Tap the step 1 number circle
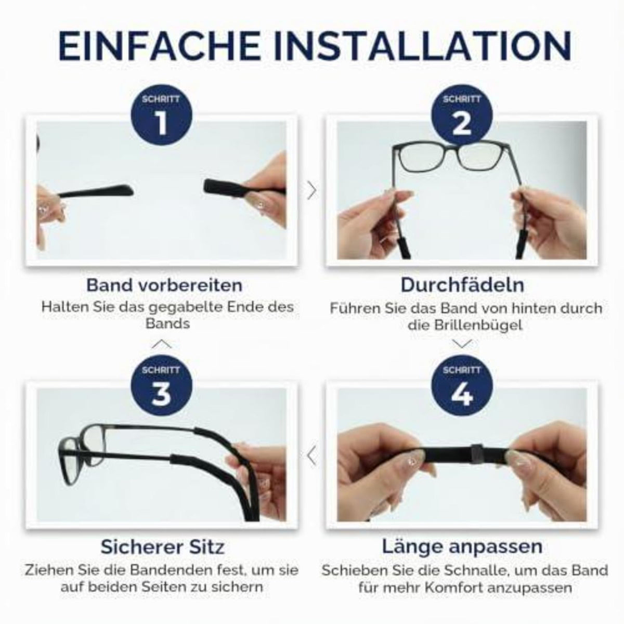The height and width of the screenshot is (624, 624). point(161,116)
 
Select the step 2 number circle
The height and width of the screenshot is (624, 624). point(462,116)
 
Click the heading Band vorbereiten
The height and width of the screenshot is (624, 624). point(164,285)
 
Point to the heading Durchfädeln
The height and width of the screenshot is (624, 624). point(462,285)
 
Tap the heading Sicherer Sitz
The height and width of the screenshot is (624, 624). point(163,547)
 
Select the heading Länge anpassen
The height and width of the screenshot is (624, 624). point(462,547)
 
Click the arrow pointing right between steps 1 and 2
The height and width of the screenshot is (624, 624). point(312,190)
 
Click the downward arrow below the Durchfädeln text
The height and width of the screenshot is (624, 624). point(462,344)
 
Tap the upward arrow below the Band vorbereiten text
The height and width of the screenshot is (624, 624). point(161,344)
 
